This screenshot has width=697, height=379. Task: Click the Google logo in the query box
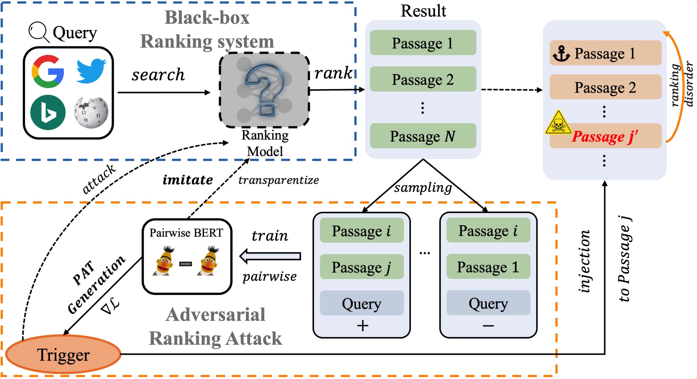click(x=48, y=71)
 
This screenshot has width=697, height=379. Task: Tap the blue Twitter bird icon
click(x=91, y=71)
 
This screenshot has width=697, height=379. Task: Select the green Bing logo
click(x=48, y=112)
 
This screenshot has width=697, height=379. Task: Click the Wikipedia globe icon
click(x=91, y=113)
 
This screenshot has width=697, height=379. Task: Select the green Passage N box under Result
click(x=423, y=136)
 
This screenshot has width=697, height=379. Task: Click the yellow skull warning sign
click(x=558, y=123)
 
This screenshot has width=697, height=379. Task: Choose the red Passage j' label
click(x=605, y=137)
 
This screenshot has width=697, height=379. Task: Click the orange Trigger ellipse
click(x=63, y=355)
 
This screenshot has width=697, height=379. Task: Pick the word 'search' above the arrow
click(x=158, y=75)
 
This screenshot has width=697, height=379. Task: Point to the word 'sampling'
click(x=423, y=188)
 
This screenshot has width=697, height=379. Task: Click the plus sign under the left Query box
click(x=362, y=325)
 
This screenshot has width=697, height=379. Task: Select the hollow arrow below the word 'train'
click(x=270, y=256)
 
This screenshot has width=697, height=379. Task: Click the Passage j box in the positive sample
click(x=361, y=267)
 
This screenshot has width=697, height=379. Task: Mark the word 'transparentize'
click(x=279, y=180)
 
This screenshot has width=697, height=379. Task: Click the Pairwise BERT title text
click(x=186, y=233)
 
